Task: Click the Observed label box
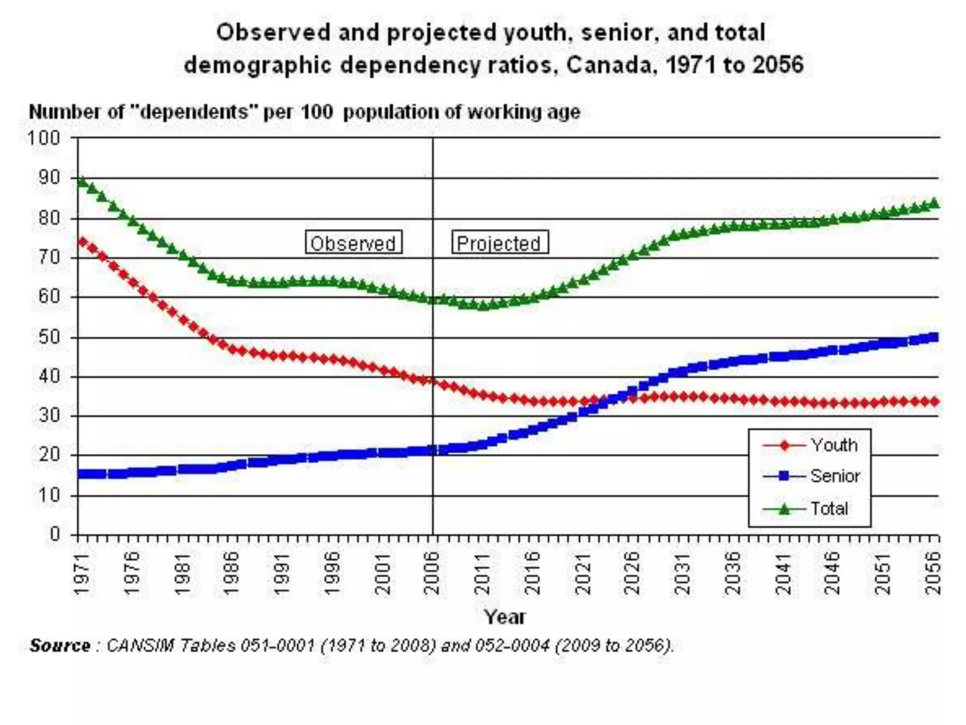point(353,243)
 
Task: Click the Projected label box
point(500,243)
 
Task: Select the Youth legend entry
point(810,445)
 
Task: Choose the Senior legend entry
point(811,476)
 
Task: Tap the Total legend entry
point(806,509)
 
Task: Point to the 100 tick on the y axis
point(43,138)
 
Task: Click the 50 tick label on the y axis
point(49,337)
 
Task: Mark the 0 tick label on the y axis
point(55,534)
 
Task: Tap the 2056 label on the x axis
point(933,573)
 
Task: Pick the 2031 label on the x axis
point(683,573)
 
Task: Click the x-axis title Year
point(504,617)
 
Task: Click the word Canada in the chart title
point(609,65)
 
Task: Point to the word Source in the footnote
point(60,645)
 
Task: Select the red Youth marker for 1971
point(83,242)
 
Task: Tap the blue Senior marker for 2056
point(933,337)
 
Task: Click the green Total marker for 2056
point(933,203)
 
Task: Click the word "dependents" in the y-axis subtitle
point(193,112)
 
